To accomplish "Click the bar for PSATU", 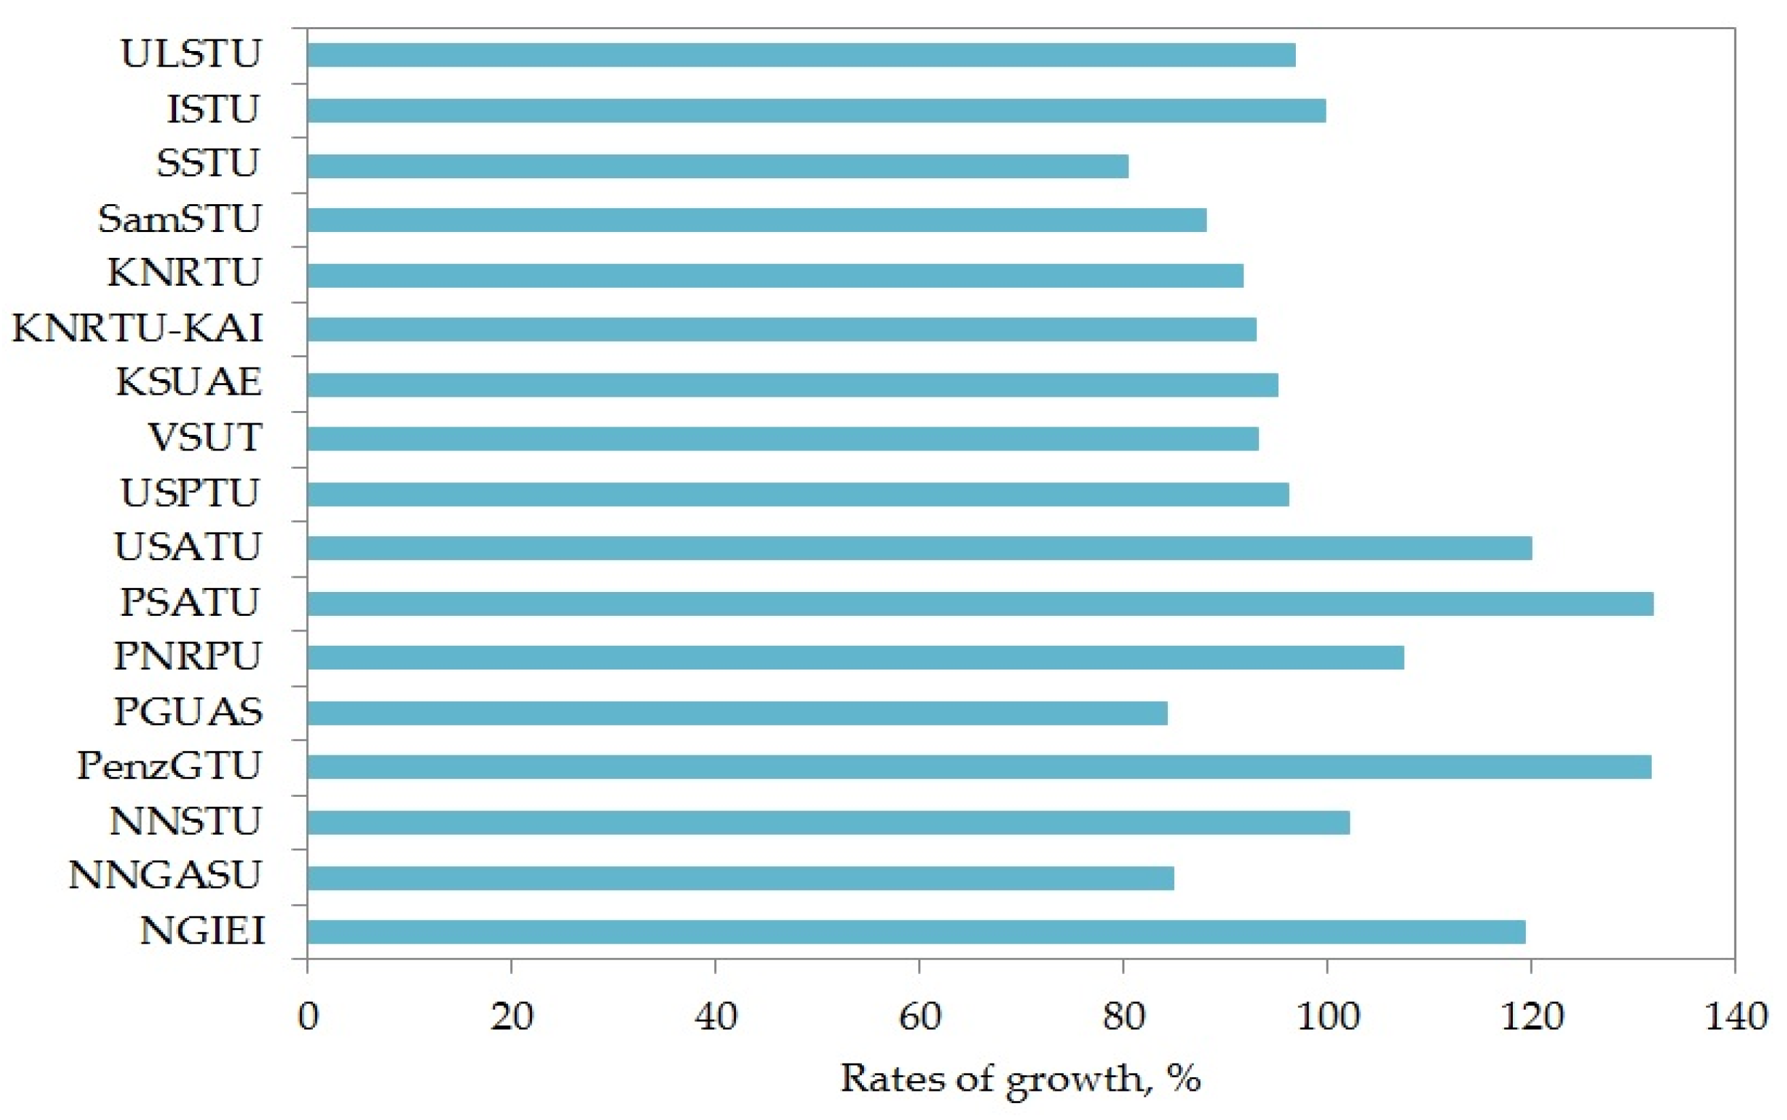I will [x=980, y=604].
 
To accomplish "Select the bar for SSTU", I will [x=718, y=166].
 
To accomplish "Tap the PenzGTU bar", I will [x=979, y=767].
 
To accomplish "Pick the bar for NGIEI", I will [x=916, y=932].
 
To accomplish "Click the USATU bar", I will [x=919, y=548].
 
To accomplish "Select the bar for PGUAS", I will [x=737, y=713].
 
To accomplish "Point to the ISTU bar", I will [x=816, y=111].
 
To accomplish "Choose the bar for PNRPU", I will [x=855, y=658].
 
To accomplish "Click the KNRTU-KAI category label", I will [x=137, y=328].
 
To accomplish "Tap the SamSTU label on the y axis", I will [x=179, y=219].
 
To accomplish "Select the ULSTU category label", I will [x=190, y=54].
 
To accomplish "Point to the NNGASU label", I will [x=165, y=876].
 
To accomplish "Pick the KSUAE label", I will [x=189, y=383].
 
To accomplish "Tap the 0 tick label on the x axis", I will [x=308, y=1017].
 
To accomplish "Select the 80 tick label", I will [x=1124, y=1017].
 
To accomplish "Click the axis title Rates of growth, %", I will [x=1020, y=1078].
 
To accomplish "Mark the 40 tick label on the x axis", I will [x=716, y=1017].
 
